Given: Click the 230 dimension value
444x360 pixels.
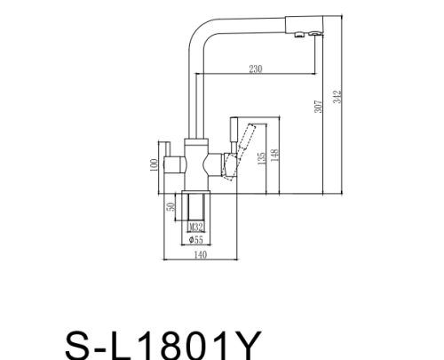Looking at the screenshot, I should pos(255,69).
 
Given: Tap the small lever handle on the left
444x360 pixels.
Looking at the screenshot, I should pos(165,148).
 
